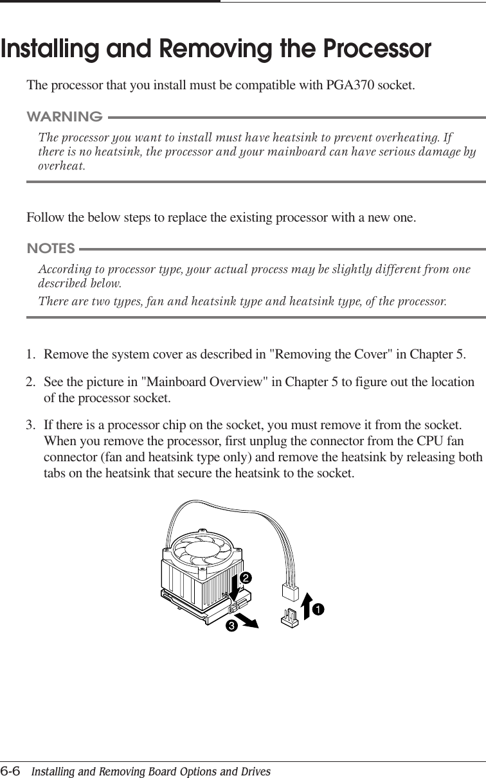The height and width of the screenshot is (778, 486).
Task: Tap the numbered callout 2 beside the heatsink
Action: coord(244,578)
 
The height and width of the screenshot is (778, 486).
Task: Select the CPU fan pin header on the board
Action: coord(289,618)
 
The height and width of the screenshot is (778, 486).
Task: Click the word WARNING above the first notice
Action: coord(64,117)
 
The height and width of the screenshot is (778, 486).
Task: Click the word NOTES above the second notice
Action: coord(51,248)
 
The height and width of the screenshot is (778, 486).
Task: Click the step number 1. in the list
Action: coord(31,354)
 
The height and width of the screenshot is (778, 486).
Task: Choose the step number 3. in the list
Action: coord(31,425)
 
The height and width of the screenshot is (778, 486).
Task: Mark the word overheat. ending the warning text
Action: coord(61,166)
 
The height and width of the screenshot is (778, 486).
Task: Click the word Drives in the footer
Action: coord(255,771)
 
